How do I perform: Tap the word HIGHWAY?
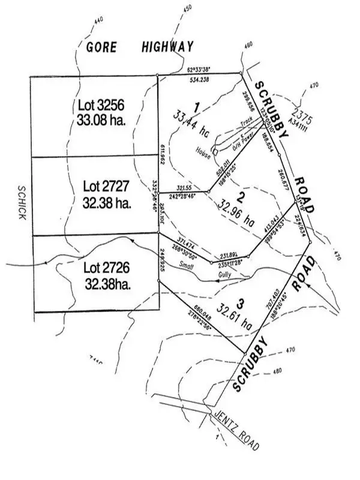pyautogui.click(x=169, y=47)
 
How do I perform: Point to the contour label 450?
pyautogui.click(x=187, y=8)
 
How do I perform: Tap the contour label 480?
pyautogui.click(x=277, y=371)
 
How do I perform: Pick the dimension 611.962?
pyautogui.click(x=162, y=154)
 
